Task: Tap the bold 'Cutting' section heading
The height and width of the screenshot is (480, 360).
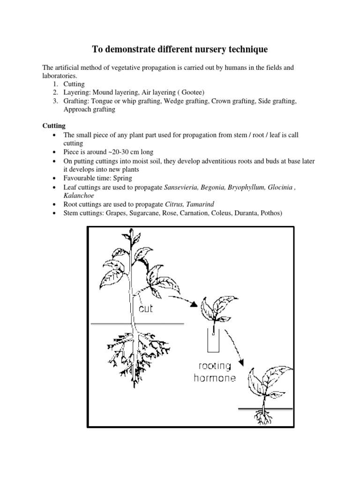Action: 54,126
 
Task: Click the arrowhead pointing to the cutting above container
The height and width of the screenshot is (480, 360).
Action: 194,304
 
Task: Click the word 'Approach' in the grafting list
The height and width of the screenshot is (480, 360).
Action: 77,110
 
